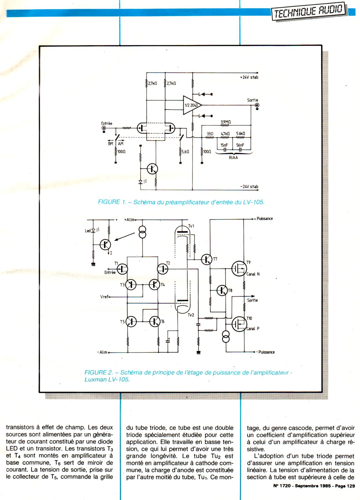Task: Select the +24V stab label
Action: pos(249,77)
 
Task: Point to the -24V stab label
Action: pos(249,187)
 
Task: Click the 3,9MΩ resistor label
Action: pos(225,122)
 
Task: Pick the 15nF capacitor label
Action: pos(224,145)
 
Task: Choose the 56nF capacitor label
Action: pos(240,145)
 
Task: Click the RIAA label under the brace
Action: pos(233,158)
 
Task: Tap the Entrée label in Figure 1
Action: pos(107,123)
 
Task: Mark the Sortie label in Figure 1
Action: pos(252,100)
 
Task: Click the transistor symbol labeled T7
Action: pos(206,259)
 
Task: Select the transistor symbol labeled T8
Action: pos(222,290)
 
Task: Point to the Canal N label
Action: pos(253,274)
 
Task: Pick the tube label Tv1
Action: pos(191,226)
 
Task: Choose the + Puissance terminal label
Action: pos(264,219)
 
